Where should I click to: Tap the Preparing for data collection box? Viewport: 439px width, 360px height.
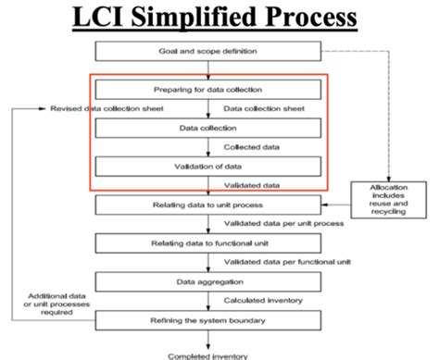[208, 90]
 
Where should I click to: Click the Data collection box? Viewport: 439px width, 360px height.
[208, 127]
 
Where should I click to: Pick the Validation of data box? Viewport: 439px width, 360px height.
[208, 166]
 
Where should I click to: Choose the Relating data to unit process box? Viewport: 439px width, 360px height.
[208, 204]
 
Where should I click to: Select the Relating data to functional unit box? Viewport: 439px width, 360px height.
[208, 242]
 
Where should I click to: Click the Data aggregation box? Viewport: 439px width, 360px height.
[208, 280]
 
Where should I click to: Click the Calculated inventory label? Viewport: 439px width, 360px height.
[262, 299]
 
